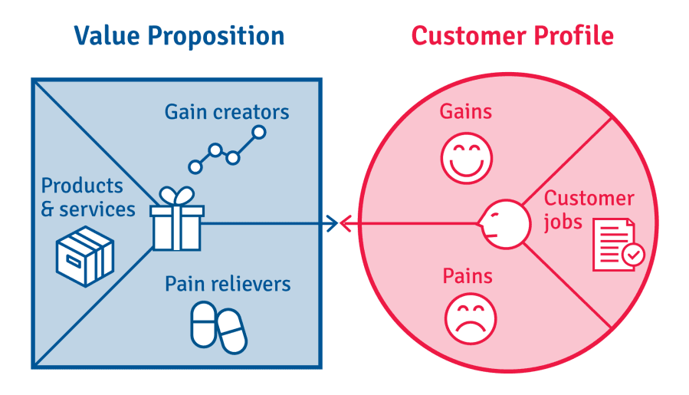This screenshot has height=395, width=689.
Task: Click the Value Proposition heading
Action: tap(179, 37)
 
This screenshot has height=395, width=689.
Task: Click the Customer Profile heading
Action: tap(513, 35)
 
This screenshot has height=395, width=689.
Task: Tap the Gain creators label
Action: tap(227, 112)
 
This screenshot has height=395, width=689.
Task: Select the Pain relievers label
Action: tap(228, 284)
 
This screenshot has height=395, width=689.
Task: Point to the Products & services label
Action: tap(88, 198)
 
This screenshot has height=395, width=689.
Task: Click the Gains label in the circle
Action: tap(466, 111)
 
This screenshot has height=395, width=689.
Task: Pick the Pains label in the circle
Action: tap(468, 276)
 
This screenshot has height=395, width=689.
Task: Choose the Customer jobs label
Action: tap(589, 211)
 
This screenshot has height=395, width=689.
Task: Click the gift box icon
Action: tap(176, 219)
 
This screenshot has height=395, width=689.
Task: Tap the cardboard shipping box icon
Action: tap(85, 256)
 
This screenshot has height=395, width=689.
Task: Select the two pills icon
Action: tap(218, 328)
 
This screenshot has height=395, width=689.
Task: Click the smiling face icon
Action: tap(467, 158)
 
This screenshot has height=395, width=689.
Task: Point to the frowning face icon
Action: tap(470, 319)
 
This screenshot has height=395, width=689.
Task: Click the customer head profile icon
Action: tap(505, 224)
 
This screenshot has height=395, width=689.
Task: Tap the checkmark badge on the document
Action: tap(633, 254)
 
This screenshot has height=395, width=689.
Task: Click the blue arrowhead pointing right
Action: tap(332, 223)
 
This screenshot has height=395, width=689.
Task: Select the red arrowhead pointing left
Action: tap(346, 223)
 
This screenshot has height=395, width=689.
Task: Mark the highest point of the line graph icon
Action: tap(259, 132)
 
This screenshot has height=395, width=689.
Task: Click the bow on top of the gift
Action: tap(176, 196)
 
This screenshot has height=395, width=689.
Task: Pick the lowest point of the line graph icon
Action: tap(195, 167)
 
